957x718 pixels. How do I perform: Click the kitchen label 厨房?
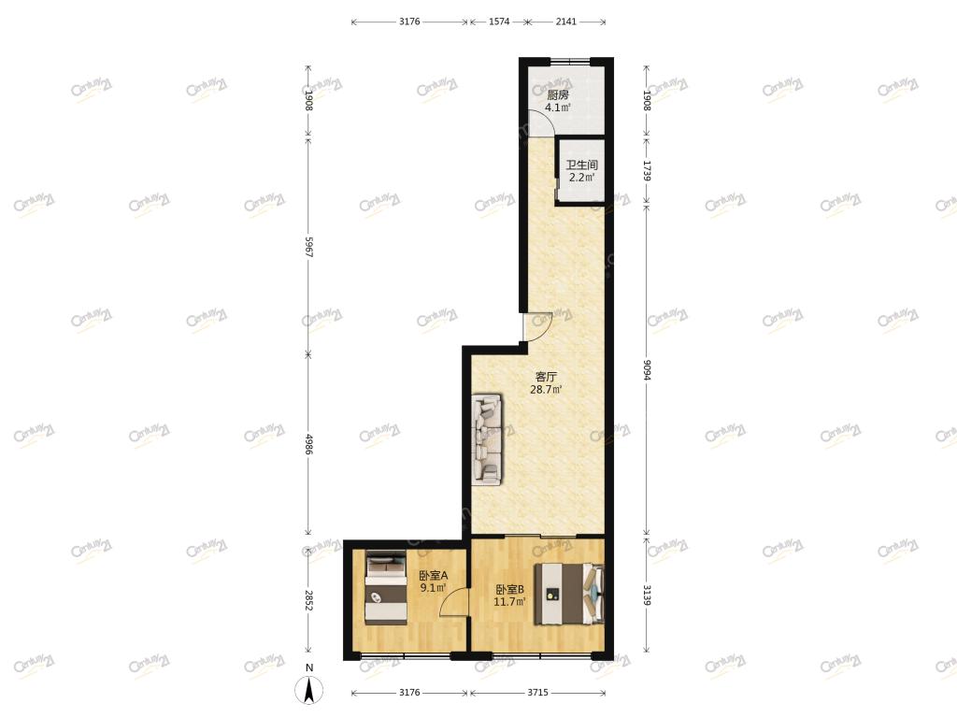(557, 95)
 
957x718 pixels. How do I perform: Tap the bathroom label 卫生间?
(581, 165)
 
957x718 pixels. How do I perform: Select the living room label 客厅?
(546, 377)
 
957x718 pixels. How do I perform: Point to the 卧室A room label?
(434, 575)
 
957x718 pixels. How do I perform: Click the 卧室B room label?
(509, 589)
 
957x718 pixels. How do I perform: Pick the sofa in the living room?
(487, 439)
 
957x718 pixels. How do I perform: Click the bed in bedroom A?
(386, 588)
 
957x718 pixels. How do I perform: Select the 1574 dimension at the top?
(499, 22)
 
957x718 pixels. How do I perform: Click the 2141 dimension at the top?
(565, 22)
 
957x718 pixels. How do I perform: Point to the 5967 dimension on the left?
(308, 247)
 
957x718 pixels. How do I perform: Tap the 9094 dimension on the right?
(647, 369)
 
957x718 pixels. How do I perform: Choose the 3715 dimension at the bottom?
(537, 693)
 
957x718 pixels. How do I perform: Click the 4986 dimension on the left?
(308, 444)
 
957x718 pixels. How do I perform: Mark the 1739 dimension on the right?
(647, 171)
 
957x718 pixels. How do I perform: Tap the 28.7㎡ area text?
(546, 390)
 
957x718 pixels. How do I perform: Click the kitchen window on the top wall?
(570, 61)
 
